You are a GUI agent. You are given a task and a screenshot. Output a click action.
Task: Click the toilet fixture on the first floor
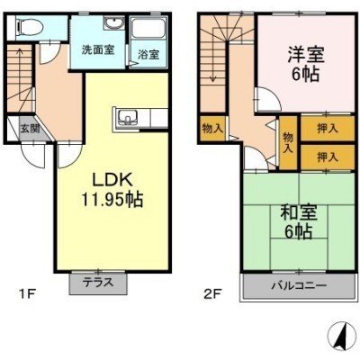(30, 26)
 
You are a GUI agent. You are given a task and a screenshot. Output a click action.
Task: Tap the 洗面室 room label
(98, 49)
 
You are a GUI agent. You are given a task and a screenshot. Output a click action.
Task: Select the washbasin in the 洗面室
(113, 22)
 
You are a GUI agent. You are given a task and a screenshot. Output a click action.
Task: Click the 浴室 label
(148, 55)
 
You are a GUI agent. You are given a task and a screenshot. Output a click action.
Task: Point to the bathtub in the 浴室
(148, 29)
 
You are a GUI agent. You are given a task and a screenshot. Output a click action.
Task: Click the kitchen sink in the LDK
(128, 118)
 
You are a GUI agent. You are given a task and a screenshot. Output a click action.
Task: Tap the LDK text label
(112, 180)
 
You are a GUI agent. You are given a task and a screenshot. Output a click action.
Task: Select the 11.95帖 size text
(112, 199)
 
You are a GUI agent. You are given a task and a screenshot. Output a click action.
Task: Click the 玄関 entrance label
(30, 129)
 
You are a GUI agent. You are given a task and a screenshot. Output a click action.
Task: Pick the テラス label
(98, 283)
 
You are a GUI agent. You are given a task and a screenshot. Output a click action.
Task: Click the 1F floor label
(27, 294)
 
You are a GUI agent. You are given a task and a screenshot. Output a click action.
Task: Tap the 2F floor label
(212, 294)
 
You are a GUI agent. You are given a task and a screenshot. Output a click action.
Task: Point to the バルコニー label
(299, 285)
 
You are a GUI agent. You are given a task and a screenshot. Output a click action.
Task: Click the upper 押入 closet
(328, 129)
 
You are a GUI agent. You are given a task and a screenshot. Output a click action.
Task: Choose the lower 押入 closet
(328, 157)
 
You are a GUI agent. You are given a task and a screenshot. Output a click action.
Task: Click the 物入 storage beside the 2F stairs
(212, 129)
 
